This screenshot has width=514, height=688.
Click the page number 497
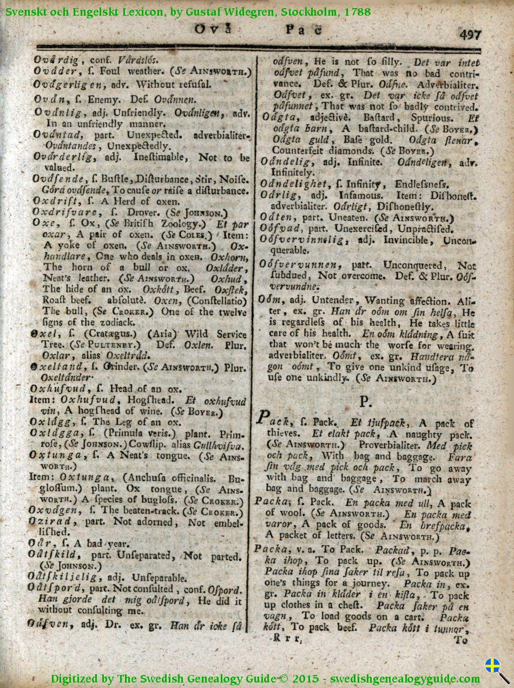[470, 35]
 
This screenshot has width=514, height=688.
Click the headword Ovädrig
[56, 59]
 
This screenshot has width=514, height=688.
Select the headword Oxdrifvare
[59, 212]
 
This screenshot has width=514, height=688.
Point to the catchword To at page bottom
[461, 640]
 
